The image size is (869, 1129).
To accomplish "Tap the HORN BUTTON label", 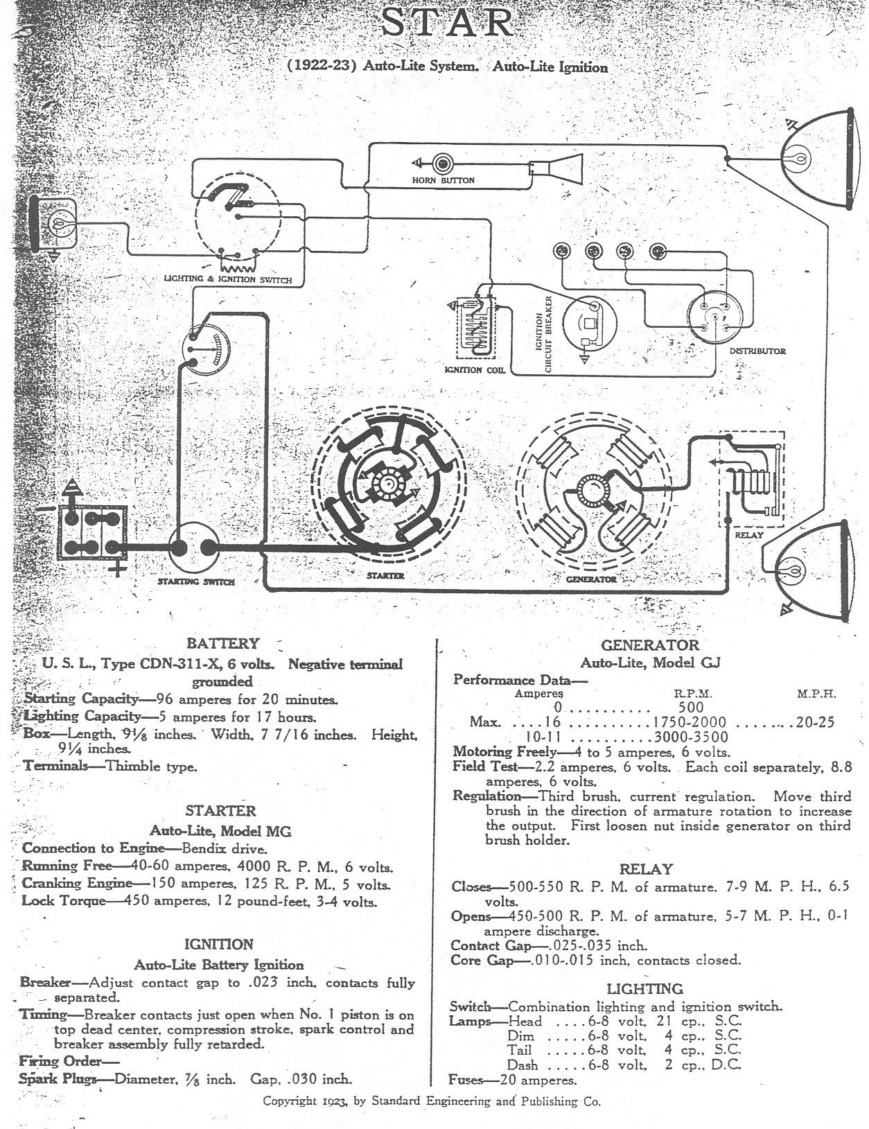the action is point(443,180).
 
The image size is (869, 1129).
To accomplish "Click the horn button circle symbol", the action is point(443,163).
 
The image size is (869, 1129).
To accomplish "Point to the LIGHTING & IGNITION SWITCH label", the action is point(227,279).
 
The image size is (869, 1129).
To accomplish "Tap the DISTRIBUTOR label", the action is point(757,351).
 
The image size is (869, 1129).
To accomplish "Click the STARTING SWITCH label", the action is point(196,581).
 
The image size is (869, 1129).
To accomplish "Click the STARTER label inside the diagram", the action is point(385,576).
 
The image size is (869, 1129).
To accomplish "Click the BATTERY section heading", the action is point(222,643).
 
